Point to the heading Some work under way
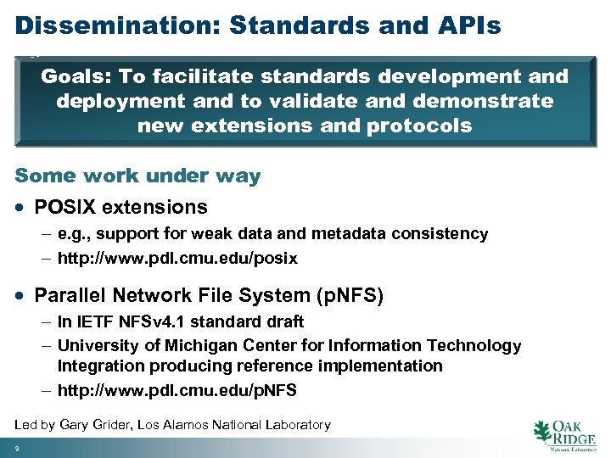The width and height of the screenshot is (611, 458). coord(137,176)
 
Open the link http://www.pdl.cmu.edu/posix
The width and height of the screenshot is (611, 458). coord(177,258)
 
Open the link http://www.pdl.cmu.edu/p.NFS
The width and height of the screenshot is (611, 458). coord(177,390)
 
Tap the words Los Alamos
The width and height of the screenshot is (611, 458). coord(188,424)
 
